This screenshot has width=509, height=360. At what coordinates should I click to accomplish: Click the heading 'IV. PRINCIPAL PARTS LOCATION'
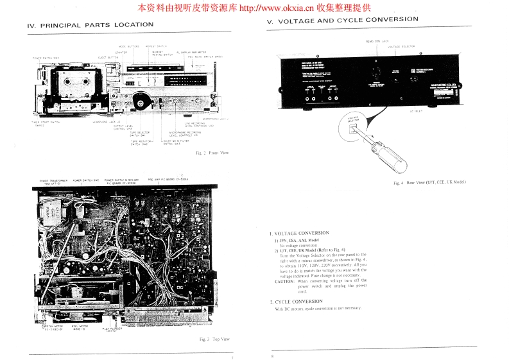coord(91,25)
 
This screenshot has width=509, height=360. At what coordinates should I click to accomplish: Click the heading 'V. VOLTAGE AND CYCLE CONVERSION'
coord(342,20)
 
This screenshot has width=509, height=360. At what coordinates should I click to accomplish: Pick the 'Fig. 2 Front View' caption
coord(212,153)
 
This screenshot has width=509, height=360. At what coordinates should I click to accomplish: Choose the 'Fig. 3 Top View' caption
coord(214,339)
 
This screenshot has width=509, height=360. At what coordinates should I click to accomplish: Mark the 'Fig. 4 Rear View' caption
coord(429,183)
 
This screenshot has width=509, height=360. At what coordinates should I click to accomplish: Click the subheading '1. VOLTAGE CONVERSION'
coord(299,233)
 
